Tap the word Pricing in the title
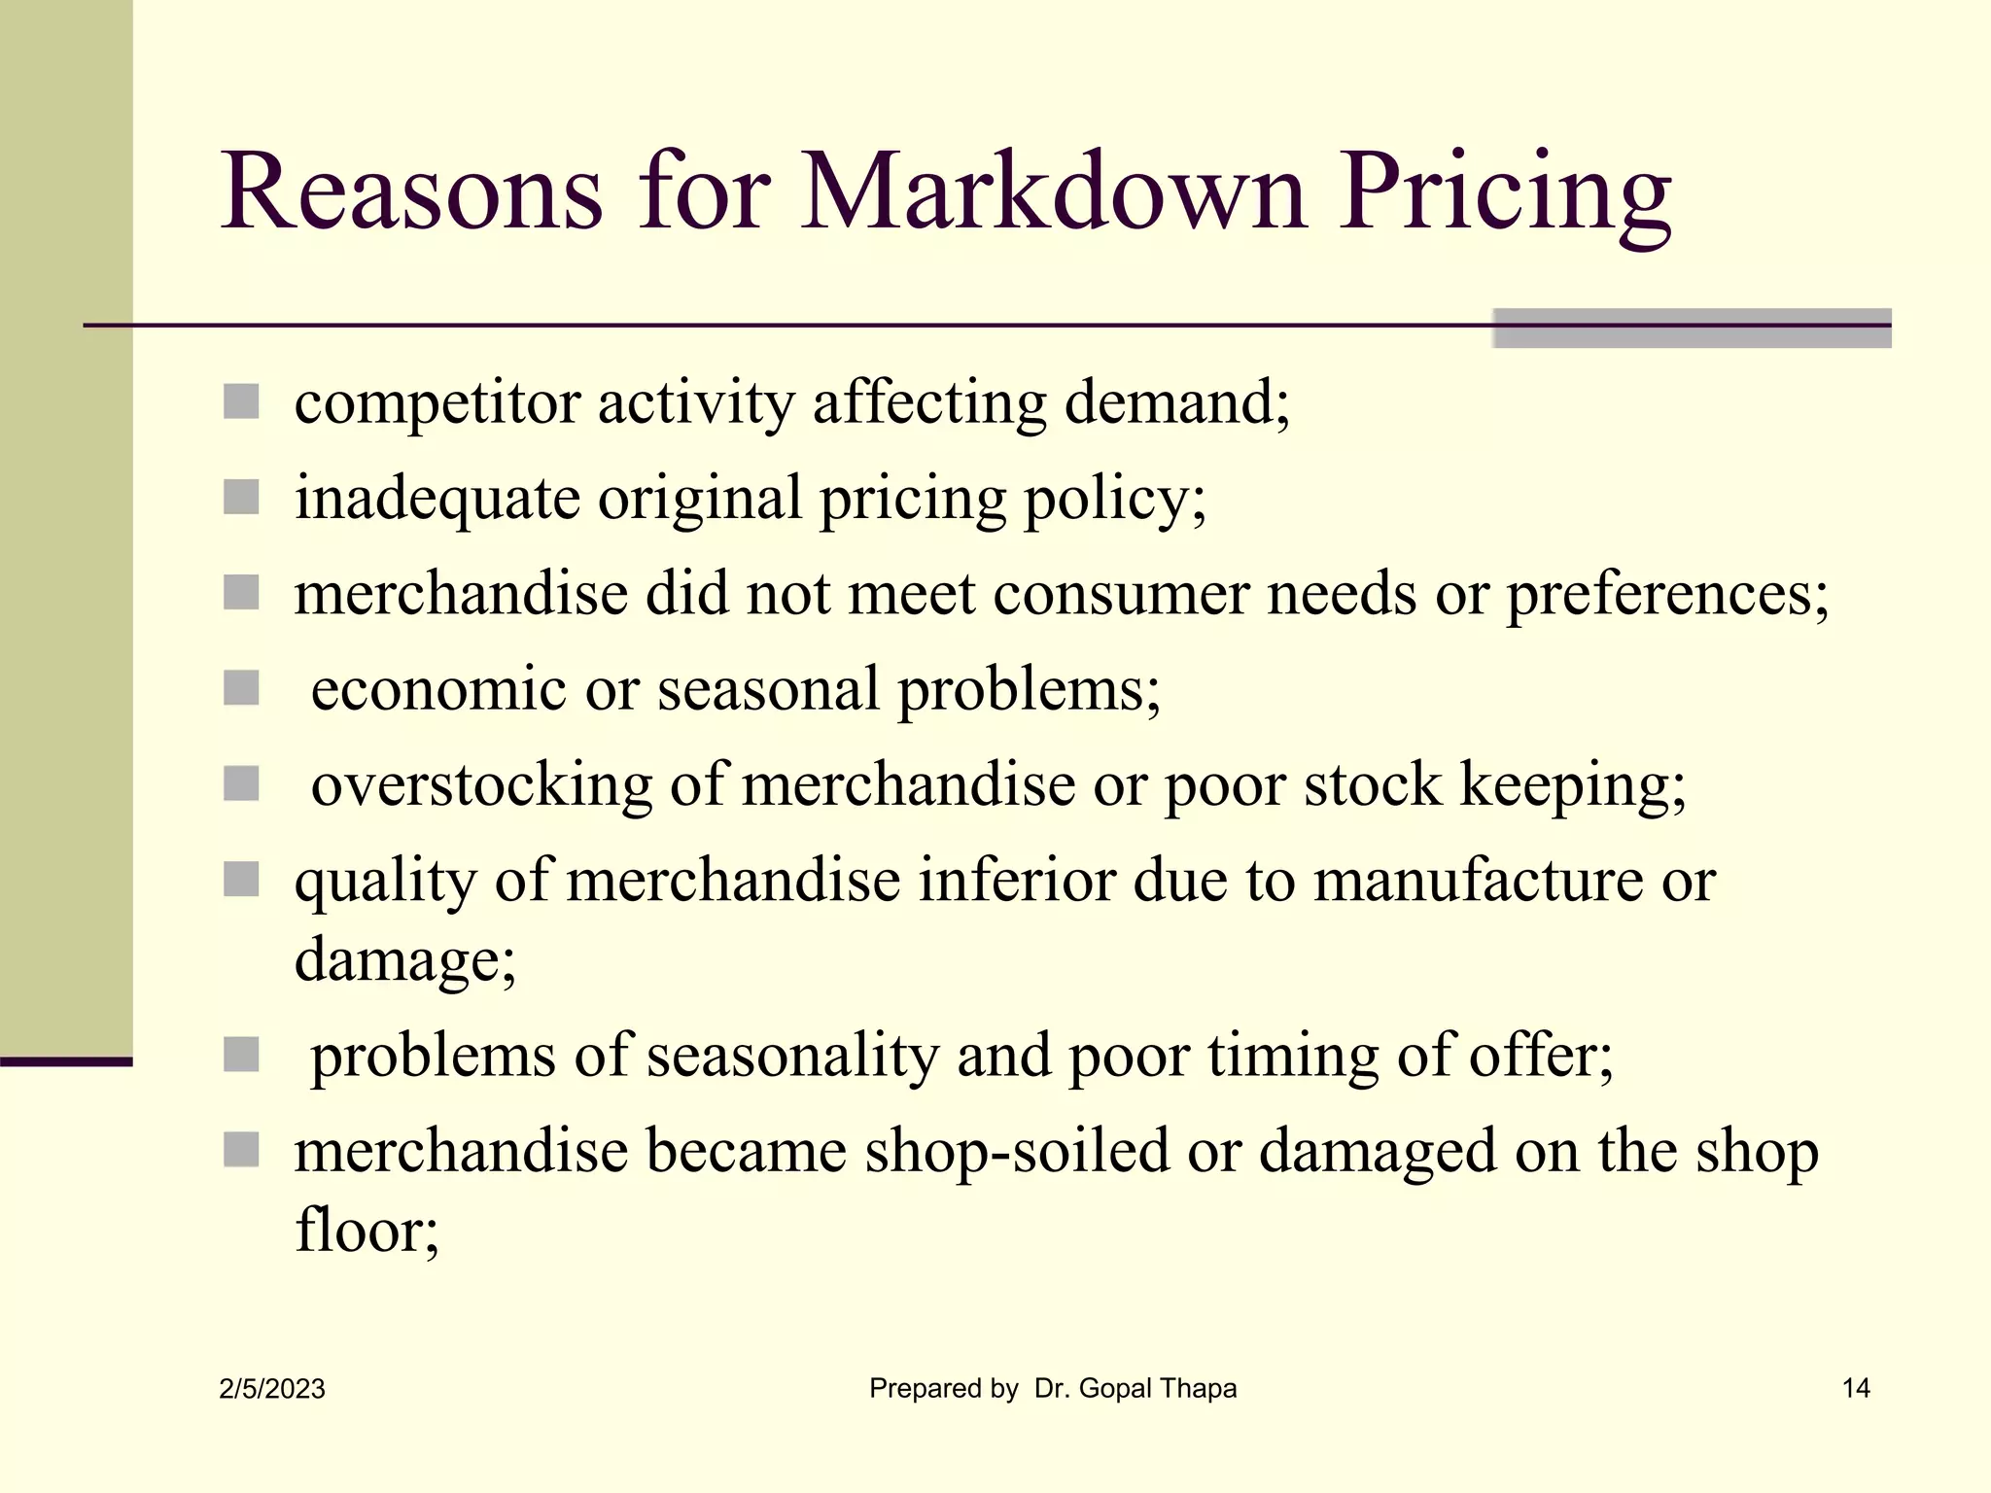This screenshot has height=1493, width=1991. (x=1505, y=194)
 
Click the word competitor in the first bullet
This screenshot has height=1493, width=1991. (x=437, y=403)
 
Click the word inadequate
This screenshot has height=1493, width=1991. (x=437, y=499)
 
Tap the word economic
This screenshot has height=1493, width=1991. (x=438, y=689)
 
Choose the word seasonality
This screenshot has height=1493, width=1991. (x=792, y=1056)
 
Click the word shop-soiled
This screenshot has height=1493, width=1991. (x=1016, y=1151)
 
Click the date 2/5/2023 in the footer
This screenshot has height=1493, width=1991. (x=272, y=1389)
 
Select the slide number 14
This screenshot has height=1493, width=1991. (x=1856, y=1388)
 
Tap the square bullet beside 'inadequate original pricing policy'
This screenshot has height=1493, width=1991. (x=241, y=498)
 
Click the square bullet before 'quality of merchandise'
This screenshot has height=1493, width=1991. (x=241, y=880)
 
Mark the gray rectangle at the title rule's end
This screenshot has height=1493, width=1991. (x=1692, y=329)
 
